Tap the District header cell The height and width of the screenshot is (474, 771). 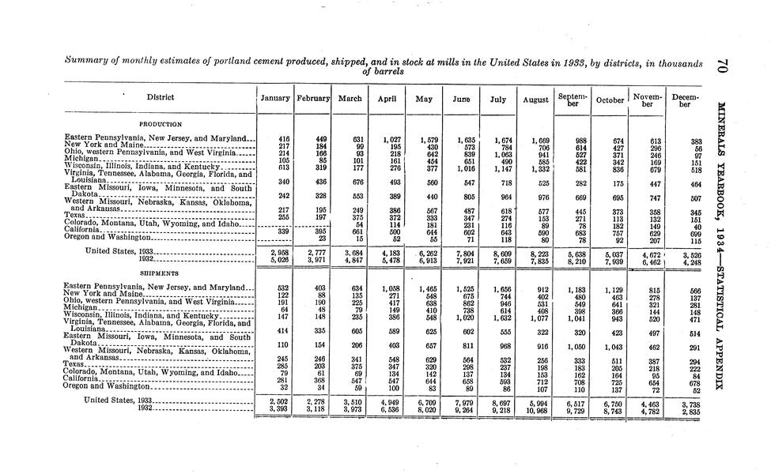161,98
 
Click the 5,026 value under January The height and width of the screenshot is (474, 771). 278,258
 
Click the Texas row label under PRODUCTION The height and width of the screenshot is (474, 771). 75,215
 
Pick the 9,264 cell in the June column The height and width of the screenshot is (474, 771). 464,410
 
